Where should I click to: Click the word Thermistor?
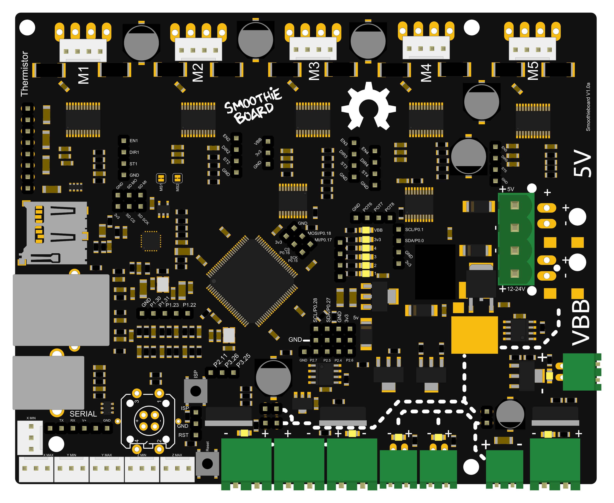(25, 74)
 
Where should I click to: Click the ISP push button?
(196, 391)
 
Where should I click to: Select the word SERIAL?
(83, 414)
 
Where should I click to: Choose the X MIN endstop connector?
(30, 438)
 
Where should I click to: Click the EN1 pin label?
(133, 141)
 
